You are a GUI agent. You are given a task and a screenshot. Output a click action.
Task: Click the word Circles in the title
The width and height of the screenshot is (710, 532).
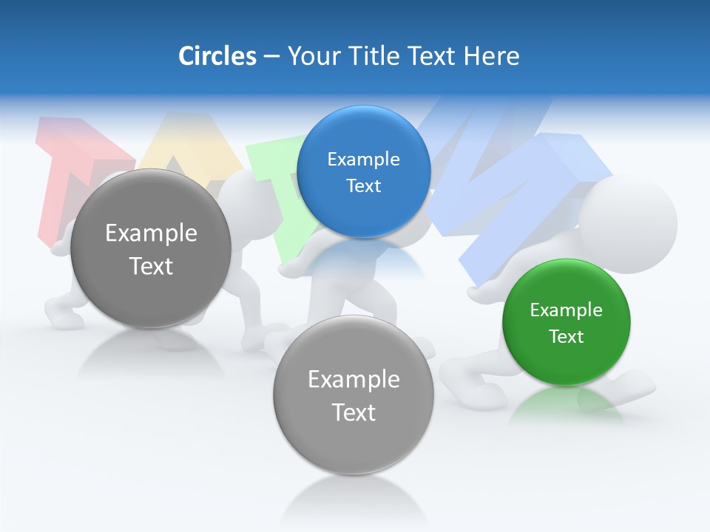217,56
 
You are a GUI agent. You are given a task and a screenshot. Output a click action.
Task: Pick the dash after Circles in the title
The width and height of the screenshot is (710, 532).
271,57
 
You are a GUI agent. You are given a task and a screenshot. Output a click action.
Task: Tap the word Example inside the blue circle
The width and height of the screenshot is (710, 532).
363,159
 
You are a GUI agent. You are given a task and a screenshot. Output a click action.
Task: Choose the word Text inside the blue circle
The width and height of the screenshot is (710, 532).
363,185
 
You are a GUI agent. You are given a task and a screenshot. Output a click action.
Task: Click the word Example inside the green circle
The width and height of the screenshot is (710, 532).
566,310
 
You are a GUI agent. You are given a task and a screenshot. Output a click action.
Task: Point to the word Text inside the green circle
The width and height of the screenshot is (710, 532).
566,336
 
